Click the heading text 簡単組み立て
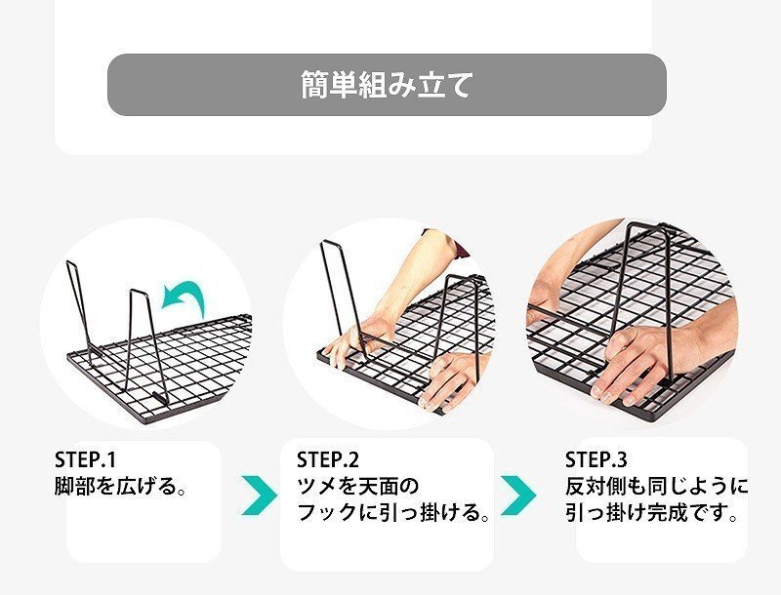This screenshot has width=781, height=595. pos(387,85)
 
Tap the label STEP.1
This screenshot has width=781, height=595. pos(85,459)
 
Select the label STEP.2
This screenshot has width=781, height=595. pos(328,459)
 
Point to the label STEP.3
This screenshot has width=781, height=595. pos(596,459)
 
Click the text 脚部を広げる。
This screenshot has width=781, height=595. pos(120,486)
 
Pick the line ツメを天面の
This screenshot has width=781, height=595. pos(357,486)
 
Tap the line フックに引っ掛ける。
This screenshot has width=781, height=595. pos(393,512)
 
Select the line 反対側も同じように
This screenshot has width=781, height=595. pos(656,486)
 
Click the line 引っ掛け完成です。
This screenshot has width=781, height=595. pos(651,512)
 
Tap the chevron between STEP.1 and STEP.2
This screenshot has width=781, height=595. pos(260,495)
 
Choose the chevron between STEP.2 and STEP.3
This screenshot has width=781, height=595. pos(518,495)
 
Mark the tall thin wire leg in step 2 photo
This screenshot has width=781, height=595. pos(344,298)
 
